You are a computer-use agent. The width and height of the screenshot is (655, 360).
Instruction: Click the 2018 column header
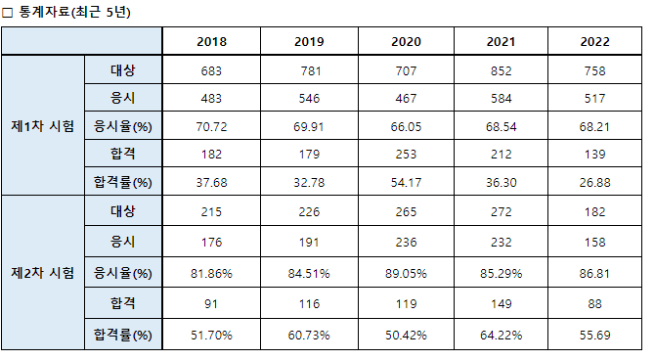click(x=211, y=41)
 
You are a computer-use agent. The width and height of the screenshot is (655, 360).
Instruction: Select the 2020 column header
click(x=406, y=41)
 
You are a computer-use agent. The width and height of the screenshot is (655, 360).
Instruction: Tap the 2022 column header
click(x=594, y=41)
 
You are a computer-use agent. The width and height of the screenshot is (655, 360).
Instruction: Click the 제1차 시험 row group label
click(x=43, y=125)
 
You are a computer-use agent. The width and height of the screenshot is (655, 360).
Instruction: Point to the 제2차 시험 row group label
click(x=43, y=273)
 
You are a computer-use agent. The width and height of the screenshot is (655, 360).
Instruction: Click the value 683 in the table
click(x=211, y=70)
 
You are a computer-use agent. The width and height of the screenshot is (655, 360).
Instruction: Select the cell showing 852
click(x=501, y=70)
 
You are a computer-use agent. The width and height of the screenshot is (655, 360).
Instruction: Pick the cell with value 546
click(x=309, y=98)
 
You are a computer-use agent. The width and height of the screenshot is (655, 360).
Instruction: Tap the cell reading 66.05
click(x=406, y=126)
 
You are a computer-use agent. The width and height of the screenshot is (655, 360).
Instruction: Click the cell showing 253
click(x=406, y=154)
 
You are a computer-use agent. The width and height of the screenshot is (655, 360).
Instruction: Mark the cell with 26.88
click(x=594, y=182)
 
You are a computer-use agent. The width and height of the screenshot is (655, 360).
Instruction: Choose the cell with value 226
click(x=309, y=211)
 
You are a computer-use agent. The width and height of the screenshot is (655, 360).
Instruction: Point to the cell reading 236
click(x=406, y=242)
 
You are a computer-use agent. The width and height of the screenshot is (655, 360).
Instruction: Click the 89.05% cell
click(x=406, y=274)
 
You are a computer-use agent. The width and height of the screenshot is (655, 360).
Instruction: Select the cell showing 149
click(x=501, y=303)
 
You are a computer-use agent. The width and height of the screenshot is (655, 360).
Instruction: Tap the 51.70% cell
click(x=211, y=335)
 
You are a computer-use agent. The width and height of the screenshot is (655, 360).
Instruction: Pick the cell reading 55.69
click(x=594, y=335)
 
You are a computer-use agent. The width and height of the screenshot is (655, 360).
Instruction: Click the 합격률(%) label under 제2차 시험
click(x=123, y=335)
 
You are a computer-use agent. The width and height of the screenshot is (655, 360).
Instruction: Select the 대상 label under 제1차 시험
click(x=123, y=70)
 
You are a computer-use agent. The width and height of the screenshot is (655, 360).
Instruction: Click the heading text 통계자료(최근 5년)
click(x=74, y=12)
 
